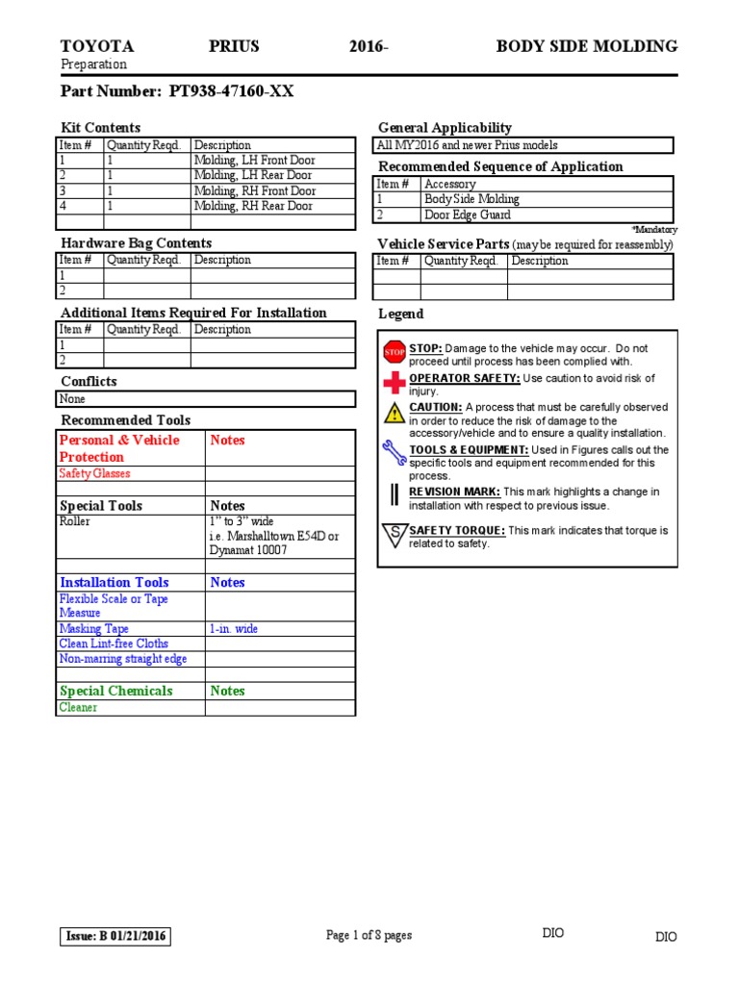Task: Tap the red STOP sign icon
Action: (394, 353)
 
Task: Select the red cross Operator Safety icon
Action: (394, 383)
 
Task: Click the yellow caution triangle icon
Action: (394, 414)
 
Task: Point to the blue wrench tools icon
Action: (394, 452)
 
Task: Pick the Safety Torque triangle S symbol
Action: (394, 535)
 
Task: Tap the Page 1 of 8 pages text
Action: (369, 935)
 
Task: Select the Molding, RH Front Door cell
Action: (254, 190)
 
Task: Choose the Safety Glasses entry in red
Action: (94, 473)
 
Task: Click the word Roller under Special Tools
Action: (75, 521)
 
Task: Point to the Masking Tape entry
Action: (93, 628)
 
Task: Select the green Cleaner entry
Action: (78, 707)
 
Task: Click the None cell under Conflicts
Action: (72, 398)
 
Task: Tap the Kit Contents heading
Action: (100, 127)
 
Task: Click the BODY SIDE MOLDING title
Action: (586, 46)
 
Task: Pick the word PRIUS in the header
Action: (234, 46)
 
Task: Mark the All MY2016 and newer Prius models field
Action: (468, 145)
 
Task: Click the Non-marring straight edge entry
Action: (122, 659)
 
